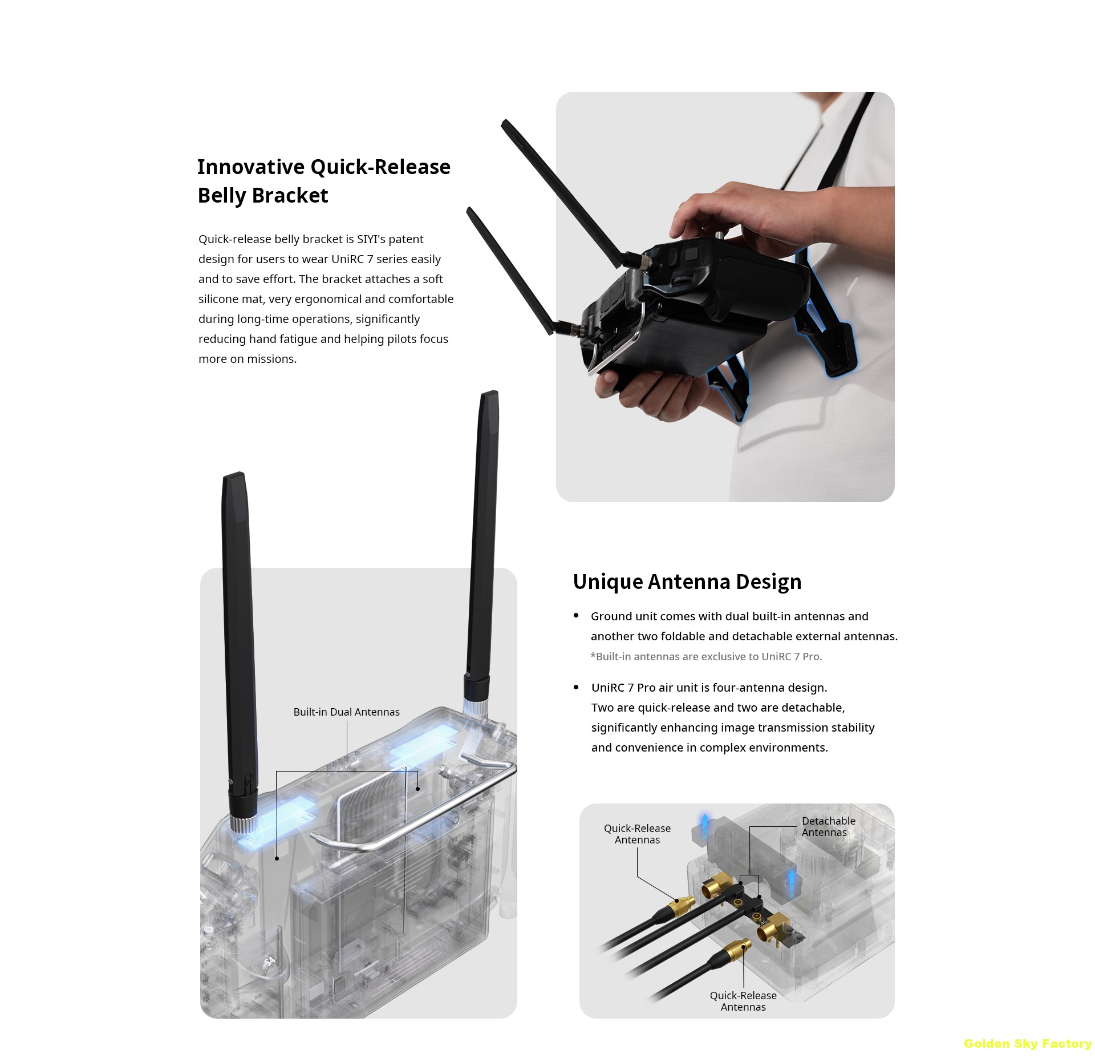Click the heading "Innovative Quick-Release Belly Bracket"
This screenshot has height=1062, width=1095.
[x=324, y=181]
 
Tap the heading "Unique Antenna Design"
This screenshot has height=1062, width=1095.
[x=687, y=582]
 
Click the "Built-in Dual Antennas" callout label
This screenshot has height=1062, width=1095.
[x=346, y=712]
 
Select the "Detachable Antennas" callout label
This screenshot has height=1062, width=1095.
[x=828, y=826]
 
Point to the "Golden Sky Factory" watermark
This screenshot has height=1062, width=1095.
[x=1028, y=1043]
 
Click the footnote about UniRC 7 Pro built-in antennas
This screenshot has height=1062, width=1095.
[x=706, y=656]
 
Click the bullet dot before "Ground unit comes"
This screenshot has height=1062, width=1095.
[x=576, y=615]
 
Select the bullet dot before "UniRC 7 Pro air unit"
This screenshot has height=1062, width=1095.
[x=576, y=687]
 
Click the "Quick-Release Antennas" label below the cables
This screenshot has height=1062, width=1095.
[x=743, y=1001]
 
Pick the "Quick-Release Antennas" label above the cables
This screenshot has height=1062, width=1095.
[x=637, y=834]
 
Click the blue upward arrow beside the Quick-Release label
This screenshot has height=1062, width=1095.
[x=705, y=824]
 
